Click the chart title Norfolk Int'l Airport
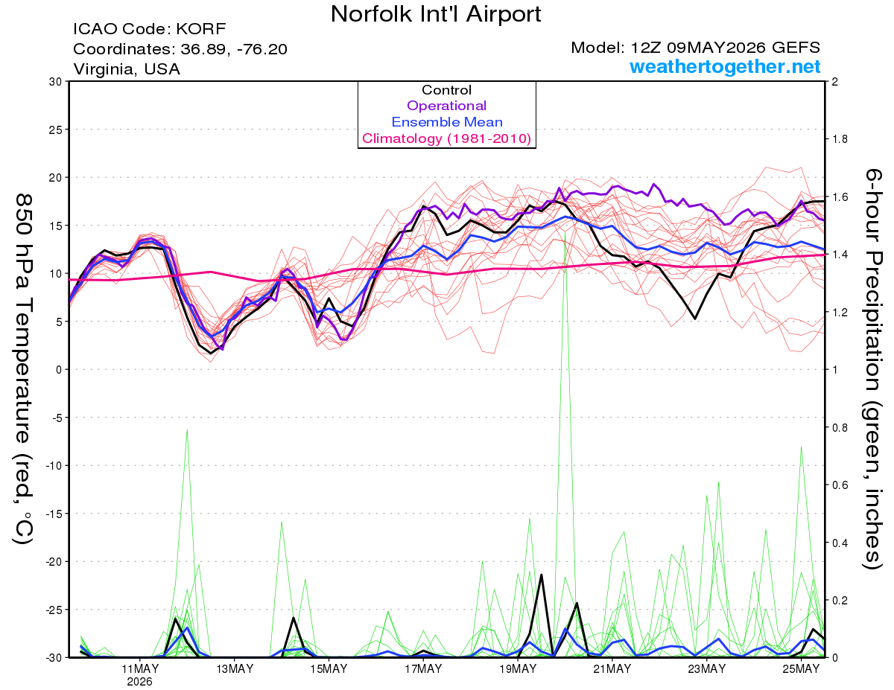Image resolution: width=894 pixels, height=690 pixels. pos(435,14)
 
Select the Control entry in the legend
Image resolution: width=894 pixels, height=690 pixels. pos(446,90)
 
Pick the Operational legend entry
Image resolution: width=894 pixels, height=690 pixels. pos(446,106)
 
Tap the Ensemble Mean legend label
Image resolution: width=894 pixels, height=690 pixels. pos(447,122)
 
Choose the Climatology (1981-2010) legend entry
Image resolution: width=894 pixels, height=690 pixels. pos(447,138)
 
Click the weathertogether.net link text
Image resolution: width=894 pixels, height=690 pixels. pos(725,66)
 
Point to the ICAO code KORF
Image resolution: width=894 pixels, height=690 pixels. pos(201,29)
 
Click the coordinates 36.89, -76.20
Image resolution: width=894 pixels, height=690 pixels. pos(234,49)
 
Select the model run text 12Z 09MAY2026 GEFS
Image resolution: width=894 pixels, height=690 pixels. pos(725,48)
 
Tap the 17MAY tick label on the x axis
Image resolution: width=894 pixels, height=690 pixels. pos(423,669)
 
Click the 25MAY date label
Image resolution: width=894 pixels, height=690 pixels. pos(801,669)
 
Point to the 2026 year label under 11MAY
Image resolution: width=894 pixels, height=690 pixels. pos(139,683)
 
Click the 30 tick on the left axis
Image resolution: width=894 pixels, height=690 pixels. pos(55,82)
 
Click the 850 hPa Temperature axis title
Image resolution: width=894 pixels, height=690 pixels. pos(24,369)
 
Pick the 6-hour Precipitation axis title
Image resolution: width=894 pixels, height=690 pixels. pos(872,368)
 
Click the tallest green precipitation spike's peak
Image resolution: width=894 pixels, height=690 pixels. pos(565,232)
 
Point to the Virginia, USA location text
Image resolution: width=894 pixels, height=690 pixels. pos(127,69)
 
